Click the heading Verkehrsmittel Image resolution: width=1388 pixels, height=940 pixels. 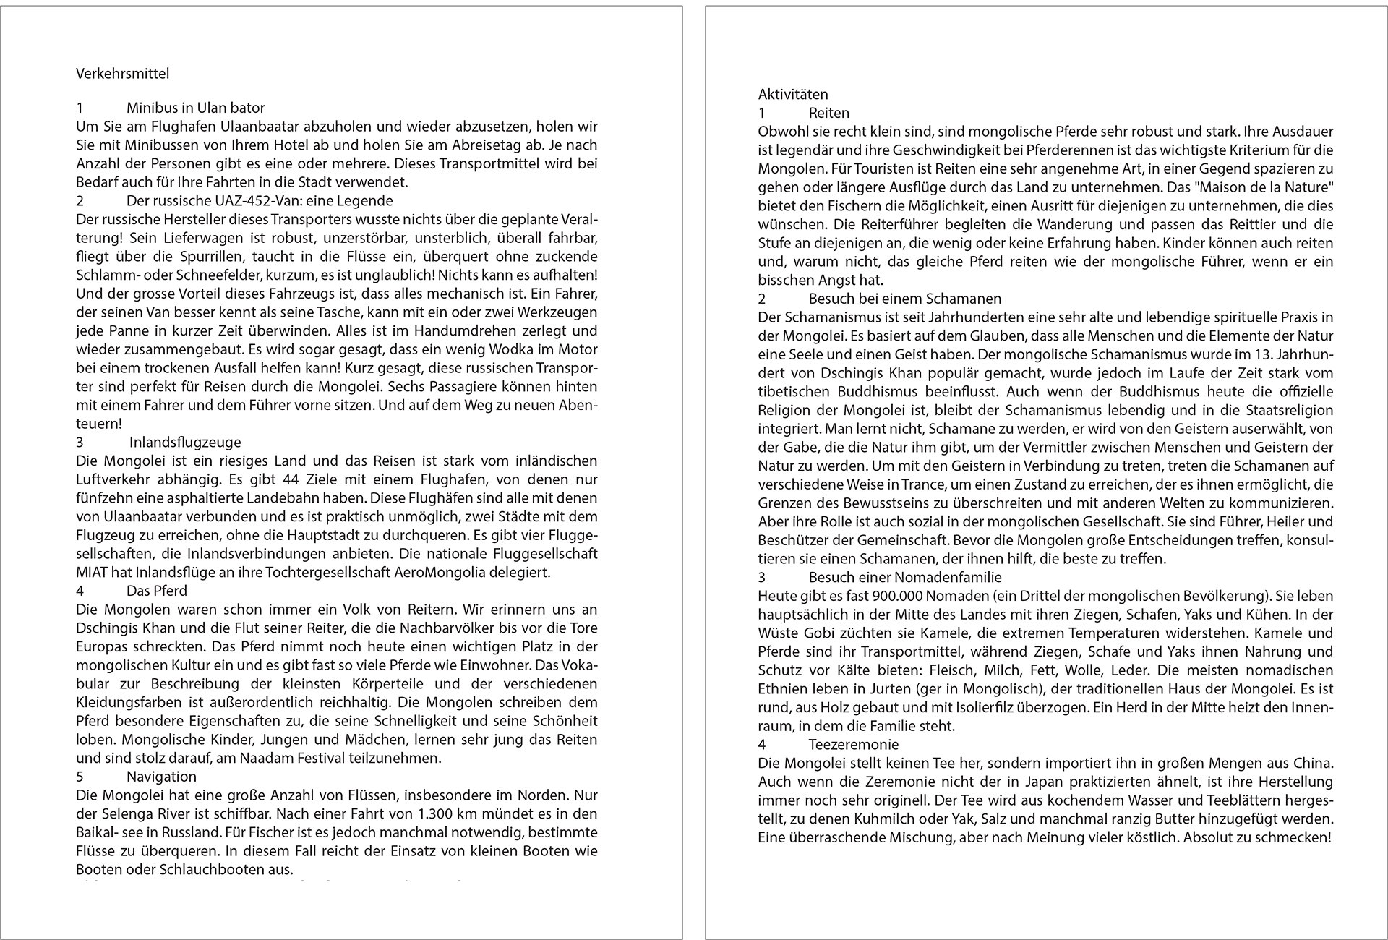coord(122,74)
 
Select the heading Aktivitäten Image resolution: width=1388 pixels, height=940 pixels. coord(793,94)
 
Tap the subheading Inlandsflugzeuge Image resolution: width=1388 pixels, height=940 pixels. coord(185,442)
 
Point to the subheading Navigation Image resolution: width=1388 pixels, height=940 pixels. coord(161,777)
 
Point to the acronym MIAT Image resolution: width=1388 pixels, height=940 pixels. coord(91,573)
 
